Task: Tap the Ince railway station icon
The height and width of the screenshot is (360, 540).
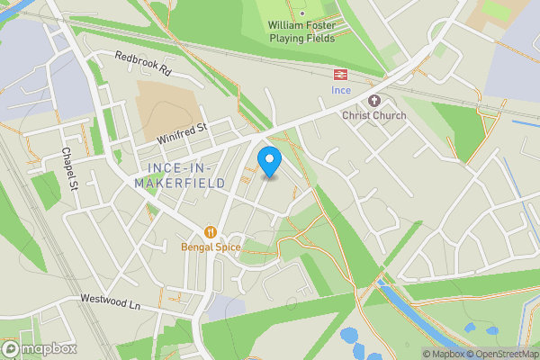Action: click(341, 75)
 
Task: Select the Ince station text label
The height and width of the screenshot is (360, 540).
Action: click(341, 92)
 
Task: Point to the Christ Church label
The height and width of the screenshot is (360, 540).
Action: click(374, 115)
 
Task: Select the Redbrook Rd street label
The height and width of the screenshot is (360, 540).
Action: click(142, 62)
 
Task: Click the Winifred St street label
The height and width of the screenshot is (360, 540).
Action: click(182, 134)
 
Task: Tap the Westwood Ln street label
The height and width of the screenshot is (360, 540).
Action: click(111, 302)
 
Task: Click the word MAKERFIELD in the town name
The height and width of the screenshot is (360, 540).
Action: click(179, 184)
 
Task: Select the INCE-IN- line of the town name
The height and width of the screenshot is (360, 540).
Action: click(179, 169)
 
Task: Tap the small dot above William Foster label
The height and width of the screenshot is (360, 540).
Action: click(302, 13)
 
